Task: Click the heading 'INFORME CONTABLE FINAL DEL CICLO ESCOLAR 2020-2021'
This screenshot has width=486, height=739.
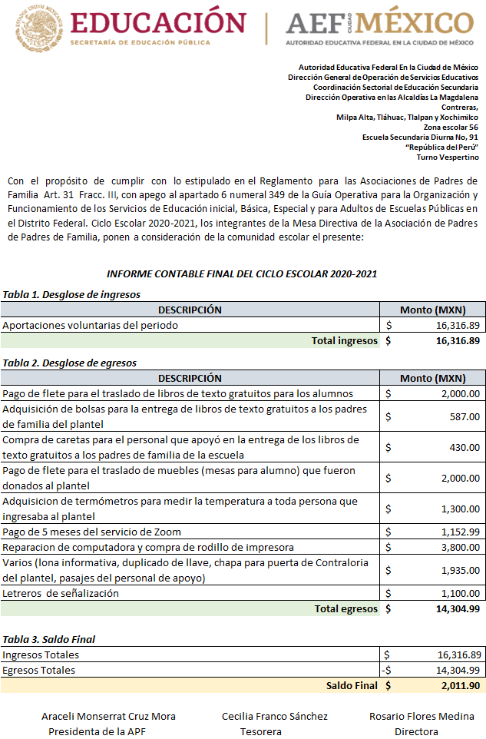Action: coord(242,274)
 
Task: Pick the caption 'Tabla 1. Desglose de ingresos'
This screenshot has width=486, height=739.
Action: coord(71,294)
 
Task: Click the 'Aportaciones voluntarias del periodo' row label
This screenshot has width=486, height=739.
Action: coord(91,325)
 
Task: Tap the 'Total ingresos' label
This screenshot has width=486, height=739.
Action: coord(345,340)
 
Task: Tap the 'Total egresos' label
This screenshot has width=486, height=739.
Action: coord(346,608)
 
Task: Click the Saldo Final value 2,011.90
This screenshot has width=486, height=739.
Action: coord(460,685)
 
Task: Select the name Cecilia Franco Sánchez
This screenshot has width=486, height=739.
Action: coord(275,716)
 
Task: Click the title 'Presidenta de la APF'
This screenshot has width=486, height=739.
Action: coord(97,731)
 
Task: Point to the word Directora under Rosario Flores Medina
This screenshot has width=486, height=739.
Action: coord(416,731)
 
